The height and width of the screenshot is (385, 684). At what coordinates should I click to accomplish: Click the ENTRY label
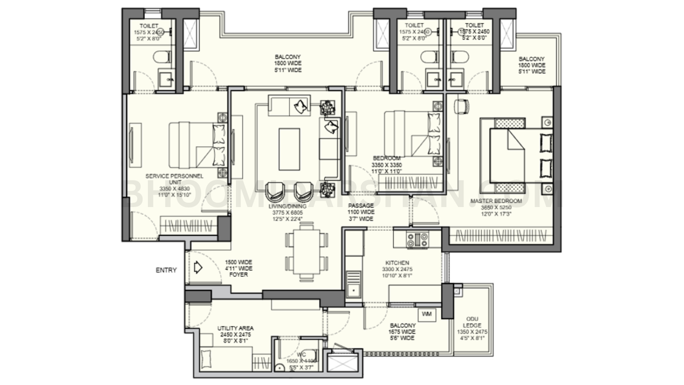(166, 270)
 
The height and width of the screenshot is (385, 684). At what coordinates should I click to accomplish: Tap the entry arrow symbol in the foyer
(198, 268)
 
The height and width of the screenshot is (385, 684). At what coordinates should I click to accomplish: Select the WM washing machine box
(426, 314)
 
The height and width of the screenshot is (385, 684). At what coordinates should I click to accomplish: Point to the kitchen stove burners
(417, 240)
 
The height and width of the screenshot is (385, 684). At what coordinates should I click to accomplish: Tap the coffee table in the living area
(289, 143)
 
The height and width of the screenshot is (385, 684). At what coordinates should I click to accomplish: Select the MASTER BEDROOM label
(496, 201)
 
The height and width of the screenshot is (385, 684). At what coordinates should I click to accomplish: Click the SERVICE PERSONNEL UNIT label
(174, 179)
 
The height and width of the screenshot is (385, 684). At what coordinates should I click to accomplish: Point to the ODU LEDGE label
(472, 322)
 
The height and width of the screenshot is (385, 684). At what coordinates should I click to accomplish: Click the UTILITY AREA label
(235, 329)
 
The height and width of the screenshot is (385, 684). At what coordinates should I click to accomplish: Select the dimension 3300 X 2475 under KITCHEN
(397, 269)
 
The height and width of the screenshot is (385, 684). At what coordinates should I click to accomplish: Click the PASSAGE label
(361, 206)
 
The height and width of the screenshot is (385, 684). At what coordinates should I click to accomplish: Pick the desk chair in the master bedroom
(461, 106)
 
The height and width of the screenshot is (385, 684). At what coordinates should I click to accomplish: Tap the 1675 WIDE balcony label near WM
(402, 332)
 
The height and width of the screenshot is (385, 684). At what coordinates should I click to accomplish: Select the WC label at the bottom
(301, 355)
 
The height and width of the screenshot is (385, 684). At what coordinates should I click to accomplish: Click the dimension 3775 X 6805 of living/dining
(287, 213)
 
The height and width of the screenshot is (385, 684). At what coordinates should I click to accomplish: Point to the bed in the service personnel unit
(197, 145)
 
